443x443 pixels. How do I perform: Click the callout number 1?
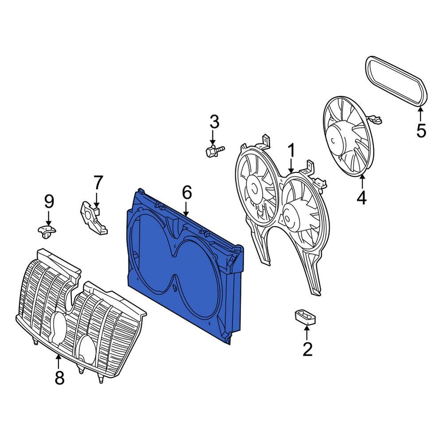click(x=291, y=152)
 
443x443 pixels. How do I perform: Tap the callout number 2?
click(x=307, y=350)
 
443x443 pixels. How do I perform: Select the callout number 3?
click(x=214, y=122)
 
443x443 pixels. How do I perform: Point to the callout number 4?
click(x=361, y=198)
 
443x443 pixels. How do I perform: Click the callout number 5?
click(x=420, y=131)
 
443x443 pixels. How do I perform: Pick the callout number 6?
click(x=187, y=193)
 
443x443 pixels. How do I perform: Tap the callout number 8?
click(x=59, y=378)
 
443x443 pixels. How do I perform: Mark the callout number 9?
click(x=49, y=202)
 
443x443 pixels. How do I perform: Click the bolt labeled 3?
click(x=214, y=152)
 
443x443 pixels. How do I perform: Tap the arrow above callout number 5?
click(x=420, y=114)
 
